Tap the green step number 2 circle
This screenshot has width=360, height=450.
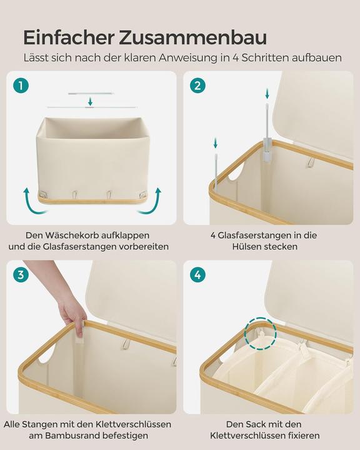198,86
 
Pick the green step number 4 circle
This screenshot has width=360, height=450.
198,275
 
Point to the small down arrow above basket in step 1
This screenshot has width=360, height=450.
91,101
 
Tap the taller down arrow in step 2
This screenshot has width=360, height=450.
267,94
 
